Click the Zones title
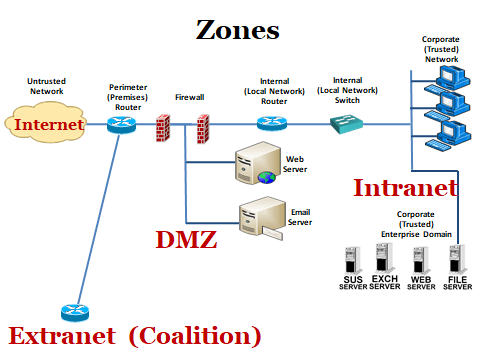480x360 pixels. [237, 30]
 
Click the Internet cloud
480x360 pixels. [46, 123]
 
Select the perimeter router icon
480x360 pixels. [122, 124]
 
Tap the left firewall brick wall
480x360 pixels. [163, 128]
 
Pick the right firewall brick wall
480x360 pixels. [203, 129]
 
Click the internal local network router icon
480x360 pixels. [272, 123]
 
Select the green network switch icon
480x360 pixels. [346, 124]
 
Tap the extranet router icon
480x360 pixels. [75, 312]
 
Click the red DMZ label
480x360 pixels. [186, 240]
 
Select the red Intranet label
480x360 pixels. [405, 188]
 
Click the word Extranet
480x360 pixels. [62, 336]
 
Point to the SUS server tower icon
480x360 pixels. [352, 261]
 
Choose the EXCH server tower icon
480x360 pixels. [384, 258]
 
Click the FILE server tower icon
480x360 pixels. [457, 260]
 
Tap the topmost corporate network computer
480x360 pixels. [447, 80]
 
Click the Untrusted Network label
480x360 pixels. [46, 86]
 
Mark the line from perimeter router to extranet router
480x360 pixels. [98, 219]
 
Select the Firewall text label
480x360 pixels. [190, 97]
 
